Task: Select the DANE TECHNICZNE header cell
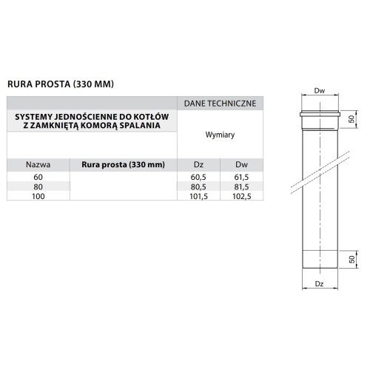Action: click(221, 104)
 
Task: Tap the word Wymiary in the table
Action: click(221, 135)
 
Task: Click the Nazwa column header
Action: click(38, 164)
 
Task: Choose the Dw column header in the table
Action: click(240, 164)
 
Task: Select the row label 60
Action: click(38, 178)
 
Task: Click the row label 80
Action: click(38, 188)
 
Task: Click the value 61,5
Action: click(240, 178)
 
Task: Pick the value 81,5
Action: click(240, 188)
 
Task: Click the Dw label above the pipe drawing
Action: click(320, 91)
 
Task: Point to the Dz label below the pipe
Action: click(320, 283)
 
